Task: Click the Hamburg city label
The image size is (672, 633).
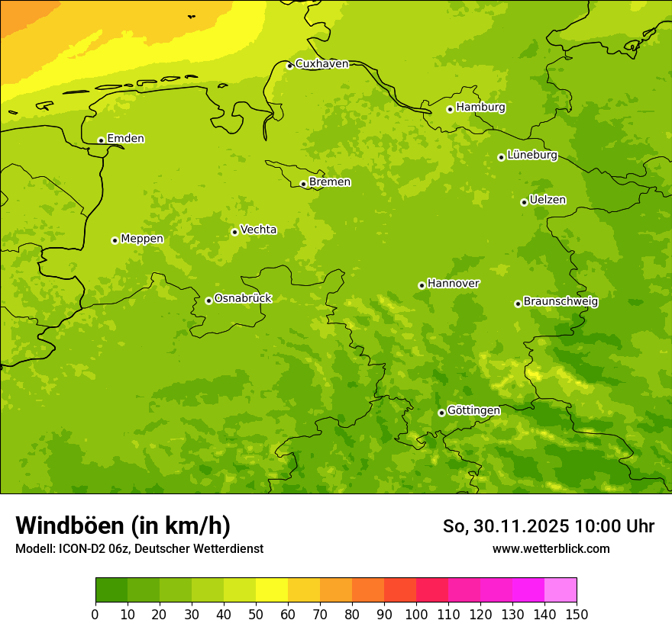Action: (480, 108)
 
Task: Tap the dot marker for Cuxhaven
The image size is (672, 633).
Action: (289, 66)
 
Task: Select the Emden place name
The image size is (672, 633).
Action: (125, 139)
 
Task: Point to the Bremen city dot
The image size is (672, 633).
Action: (303, 184)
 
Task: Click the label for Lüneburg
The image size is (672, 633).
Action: (531, 155)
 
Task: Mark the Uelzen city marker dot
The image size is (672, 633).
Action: (524, 202)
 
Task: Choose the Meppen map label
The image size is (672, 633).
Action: (142, 239)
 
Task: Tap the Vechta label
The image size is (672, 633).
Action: (258, 230)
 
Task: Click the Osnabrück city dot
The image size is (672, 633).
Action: (208, 300)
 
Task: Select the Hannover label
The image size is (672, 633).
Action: (453, 284)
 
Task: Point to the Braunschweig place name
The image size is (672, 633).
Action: (561, 302)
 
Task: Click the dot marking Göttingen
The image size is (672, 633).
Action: (441, 413)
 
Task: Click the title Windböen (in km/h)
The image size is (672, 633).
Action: (123, 525)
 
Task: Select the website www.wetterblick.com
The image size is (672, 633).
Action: (551, 548)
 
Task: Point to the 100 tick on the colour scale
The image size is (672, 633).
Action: (416, 614)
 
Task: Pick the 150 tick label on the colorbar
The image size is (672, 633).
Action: (577, 614)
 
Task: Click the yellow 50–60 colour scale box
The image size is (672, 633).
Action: (272, 590)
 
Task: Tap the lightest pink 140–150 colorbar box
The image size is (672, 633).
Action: (561, 590)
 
